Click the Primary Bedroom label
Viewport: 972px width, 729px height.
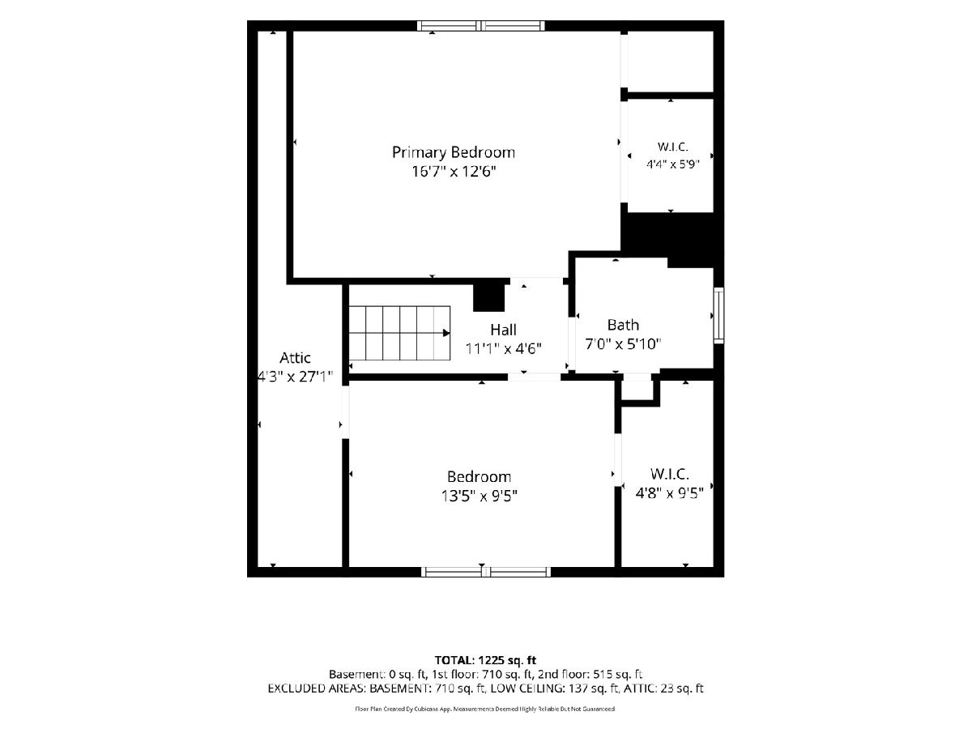tap(454, 153)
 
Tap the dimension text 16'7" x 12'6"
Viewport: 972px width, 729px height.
tap(454, 172)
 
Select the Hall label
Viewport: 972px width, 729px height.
tap(504, 330)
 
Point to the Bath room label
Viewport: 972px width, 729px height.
tap(623, 325)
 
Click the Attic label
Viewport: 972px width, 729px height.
tap(295, 358)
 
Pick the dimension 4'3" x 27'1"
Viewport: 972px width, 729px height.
tap(295, 377)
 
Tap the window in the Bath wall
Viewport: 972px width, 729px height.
tap(719, 315)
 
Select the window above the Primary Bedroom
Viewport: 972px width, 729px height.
tap(481, 26)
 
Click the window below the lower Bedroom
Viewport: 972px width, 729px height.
tap(486, 572)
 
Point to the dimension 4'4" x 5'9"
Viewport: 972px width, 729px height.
tap(672, 164)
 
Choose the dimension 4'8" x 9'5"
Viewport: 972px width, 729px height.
tap(669, 493)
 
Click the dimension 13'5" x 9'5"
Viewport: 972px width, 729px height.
tap(480, 496)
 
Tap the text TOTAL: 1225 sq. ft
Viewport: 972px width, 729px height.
tap(485, 660)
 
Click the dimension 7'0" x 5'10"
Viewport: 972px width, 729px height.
tap(623, 344)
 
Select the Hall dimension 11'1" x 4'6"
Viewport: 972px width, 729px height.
tap(504, 349)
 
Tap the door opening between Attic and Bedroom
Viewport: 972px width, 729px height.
tap(345, 412)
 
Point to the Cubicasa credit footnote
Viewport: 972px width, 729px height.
tap(485, 709)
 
